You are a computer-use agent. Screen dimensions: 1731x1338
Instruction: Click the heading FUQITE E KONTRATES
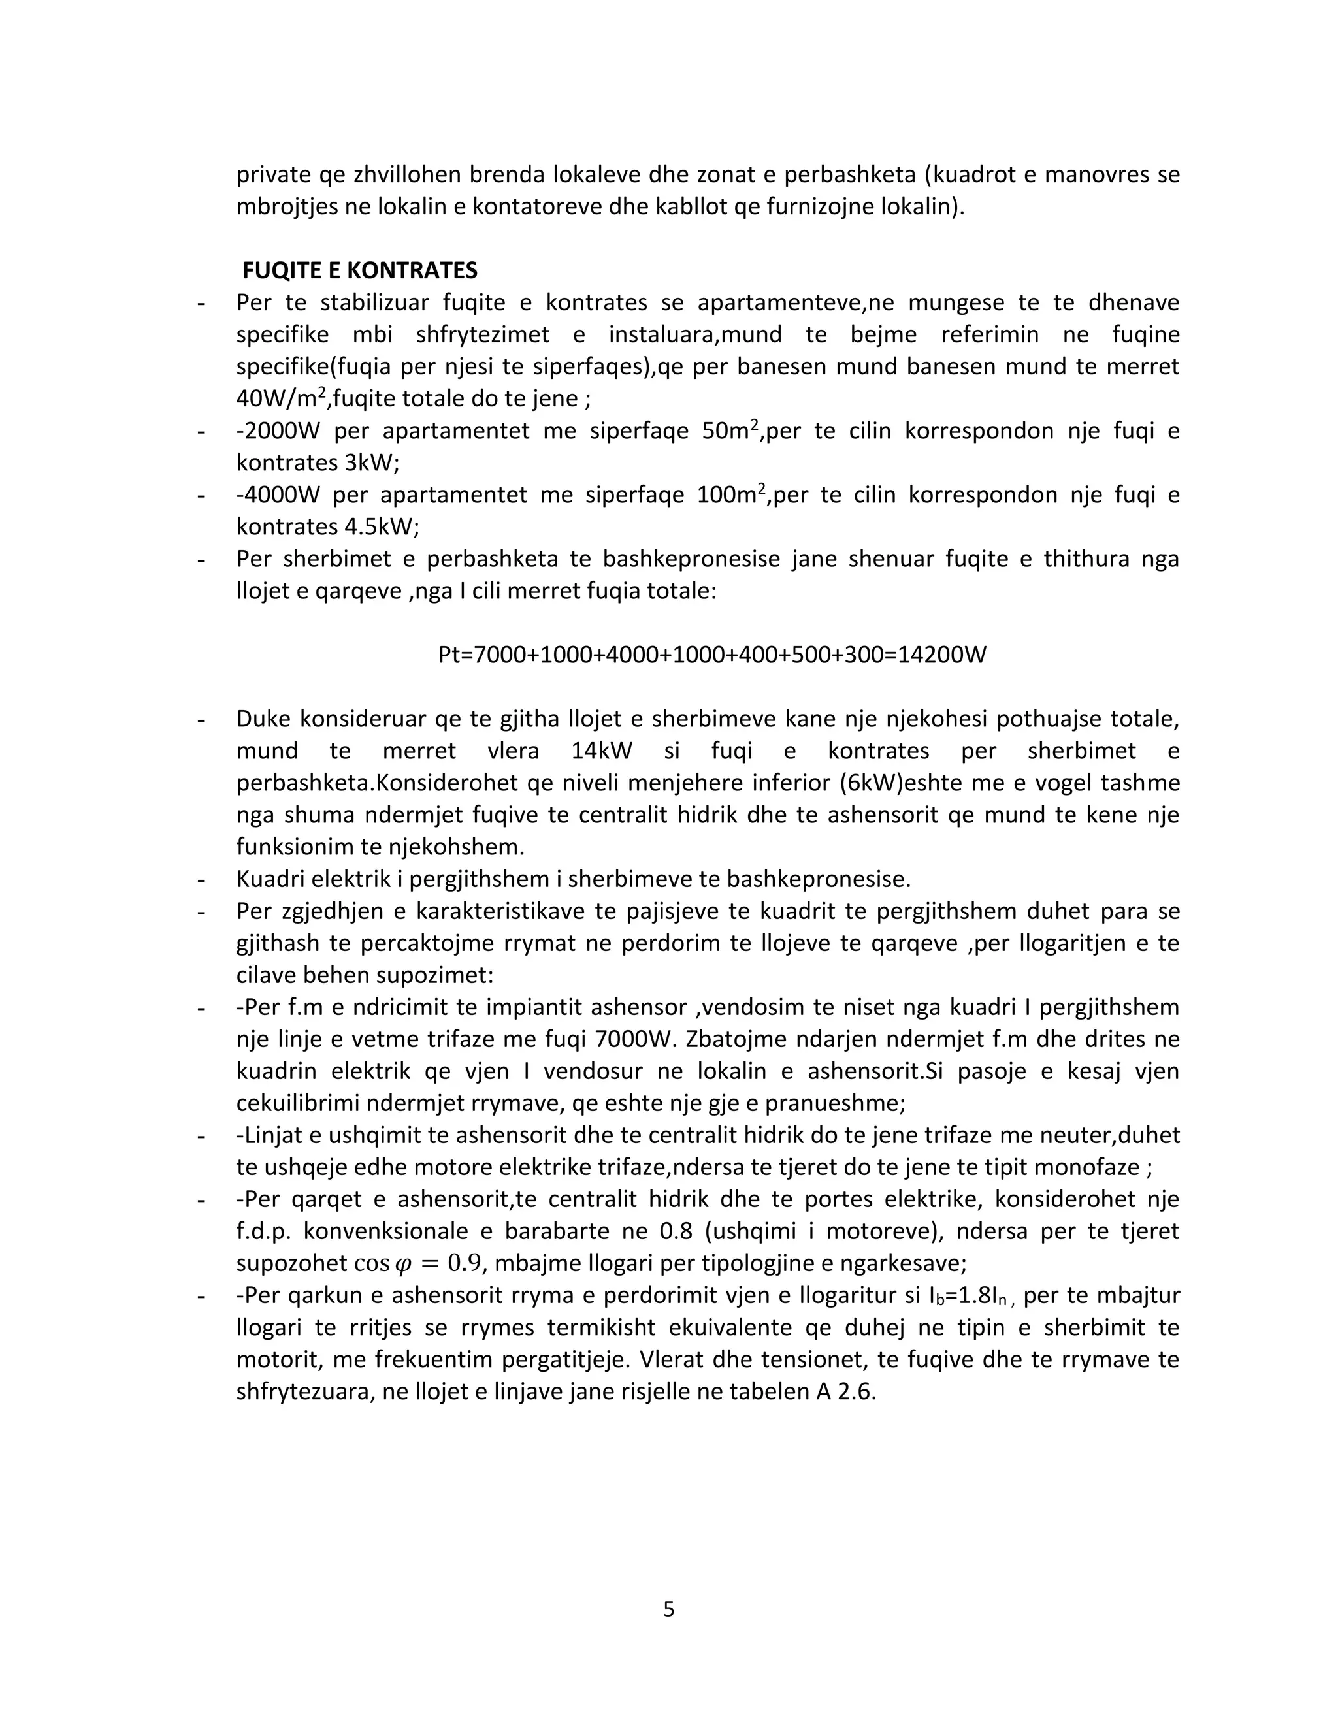tap(360, 271)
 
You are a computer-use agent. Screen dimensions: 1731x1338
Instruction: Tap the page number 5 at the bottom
tap(668, 1609)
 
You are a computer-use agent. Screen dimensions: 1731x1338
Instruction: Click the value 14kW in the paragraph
tap(602, 751)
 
